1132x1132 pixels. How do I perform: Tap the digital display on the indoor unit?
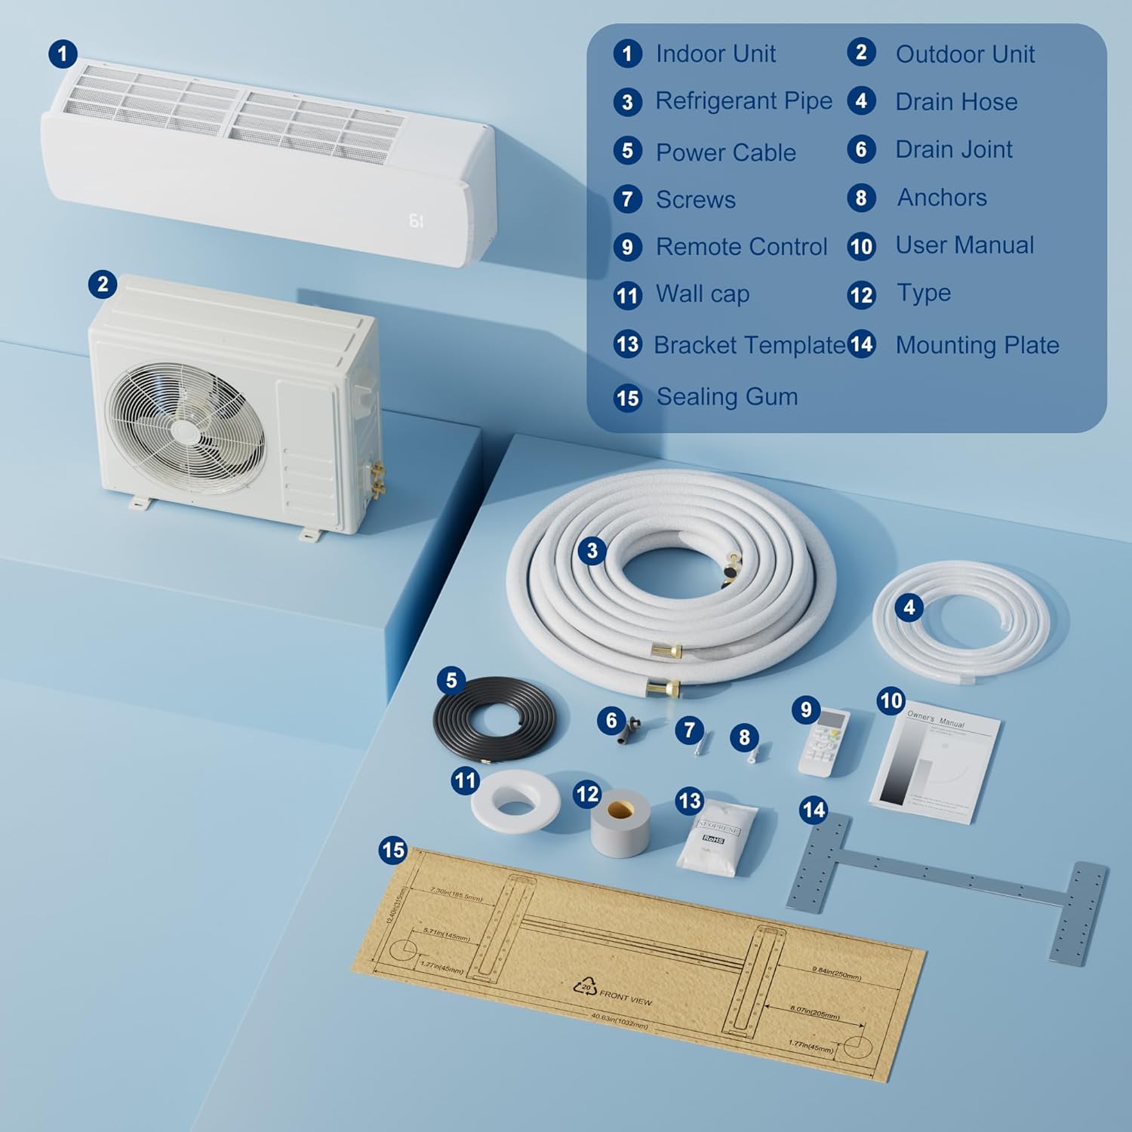click(416, 220)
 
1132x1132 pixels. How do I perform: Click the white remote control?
click(824, 743)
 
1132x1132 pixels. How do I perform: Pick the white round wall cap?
click(515, 801)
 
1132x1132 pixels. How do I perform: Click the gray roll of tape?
click(620, 824)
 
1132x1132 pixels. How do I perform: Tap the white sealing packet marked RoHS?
click(715, 841)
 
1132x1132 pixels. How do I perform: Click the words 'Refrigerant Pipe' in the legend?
click(743, 101)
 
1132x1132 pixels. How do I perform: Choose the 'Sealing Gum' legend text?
click(727, 397)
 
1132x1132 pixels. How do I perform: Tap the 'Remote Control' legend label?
click(741, 247)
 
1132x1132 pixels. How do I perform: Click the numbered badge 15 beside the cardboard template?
click(393, 851)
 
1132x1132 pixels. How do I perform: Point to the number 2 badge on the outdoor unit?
click(103, 285)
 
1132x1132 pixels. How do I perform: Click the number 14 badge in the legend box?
click(861, 345)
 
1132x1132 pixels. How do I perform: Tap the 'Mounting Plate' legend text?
click(977, 346)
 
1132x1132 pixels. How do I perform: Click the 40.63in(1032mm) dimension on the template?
click(619, 1021)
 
